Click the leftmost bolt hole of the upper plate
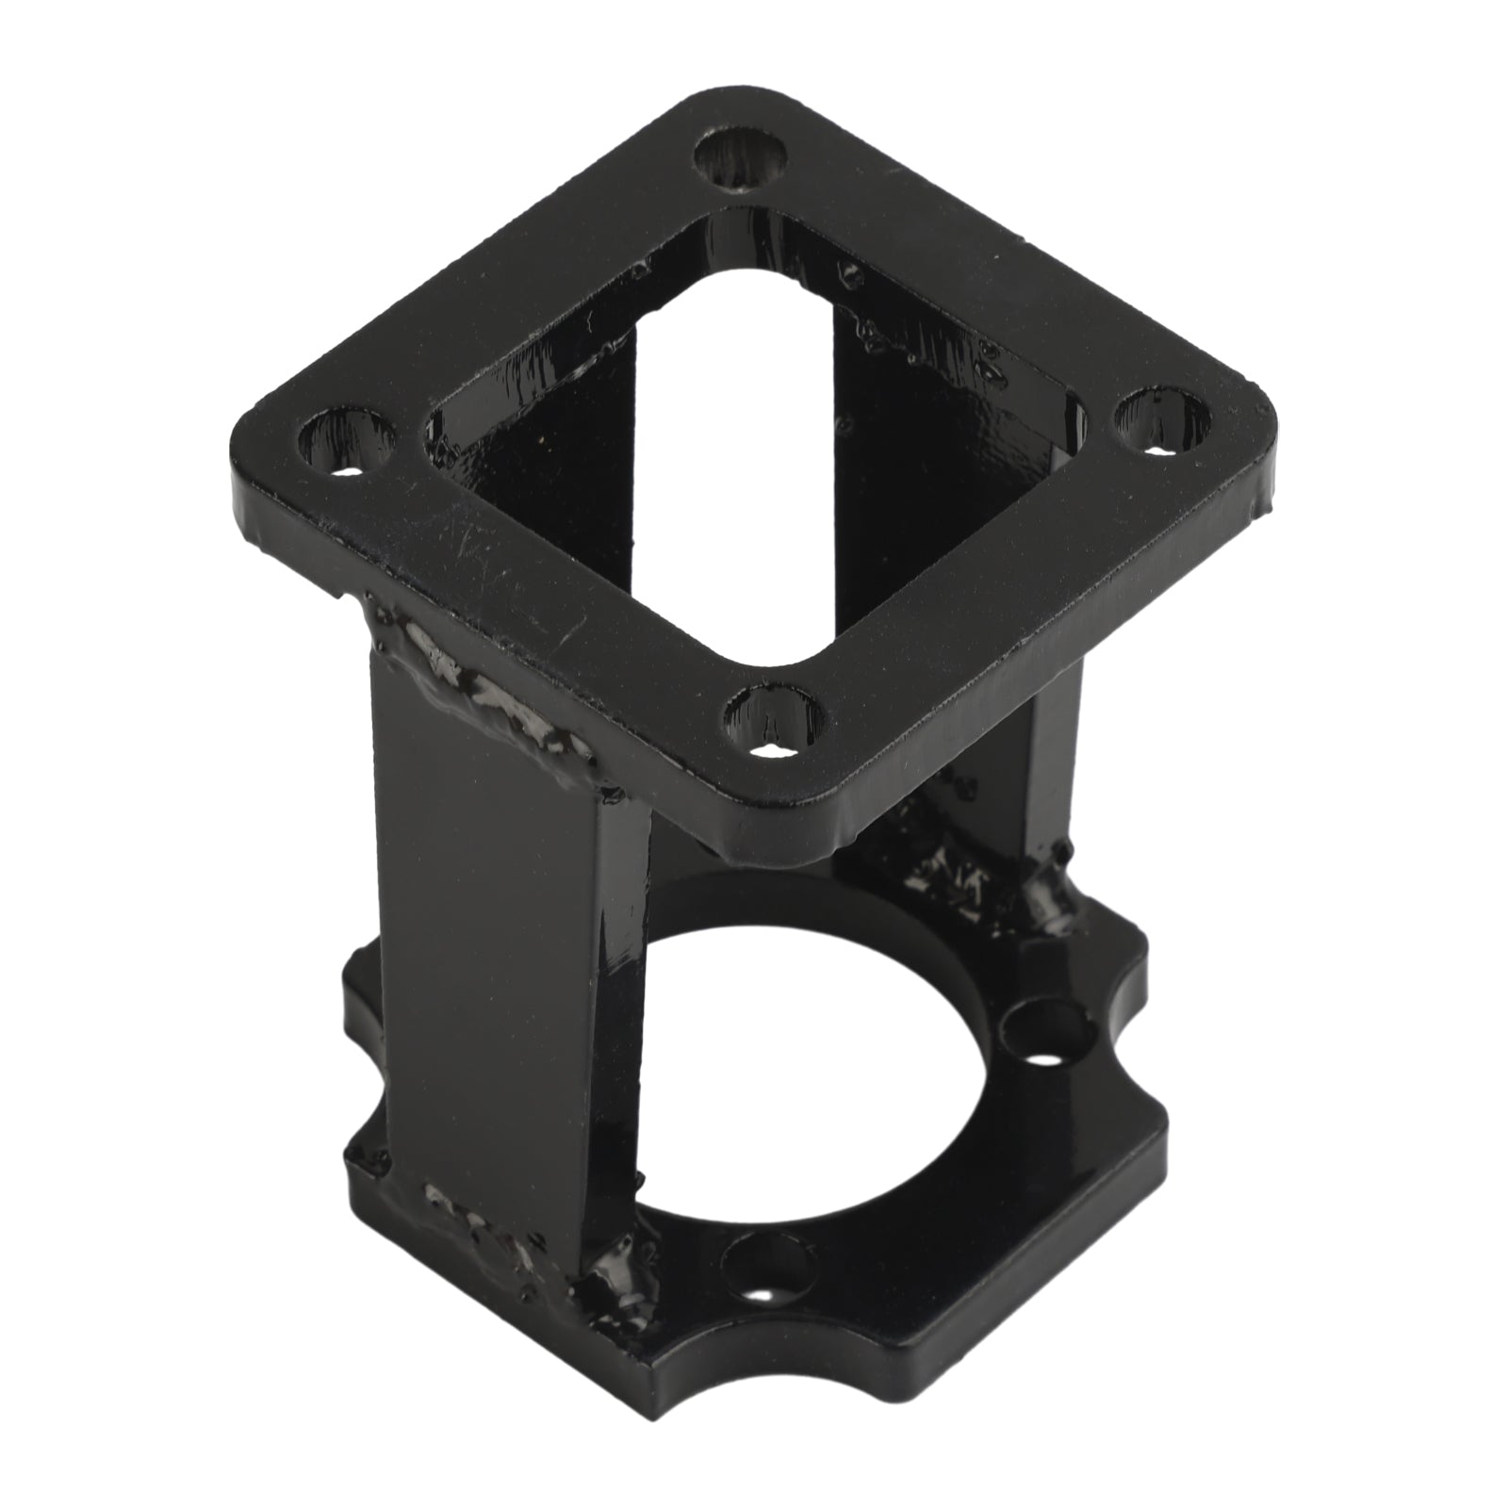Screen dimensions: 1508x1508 click(x=343, y=441)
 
